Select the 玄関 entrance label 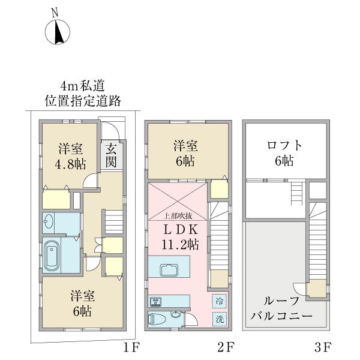pyautogui.click(x=111, y=155)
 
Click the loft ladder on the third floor pyautogui.click(x=295, y=195)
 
